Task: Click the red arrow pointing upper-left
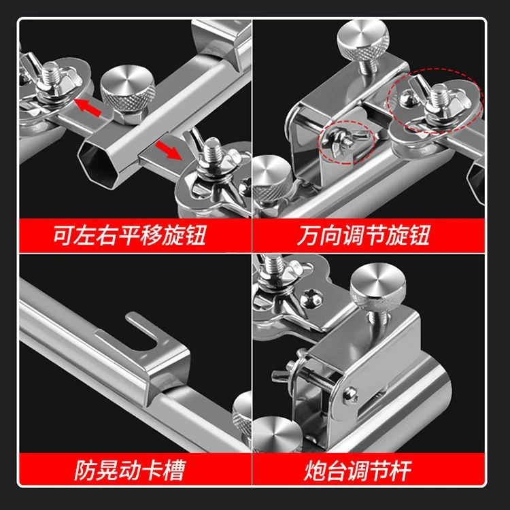point(87,107)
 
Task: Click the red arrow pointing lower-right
point(168,150)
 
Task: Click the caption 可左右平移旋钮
point(129,235)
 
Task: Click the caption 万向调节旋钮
point(363,235)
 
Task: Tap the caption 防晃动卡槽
point(130,470)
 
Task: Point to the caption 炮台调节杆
point(358,470)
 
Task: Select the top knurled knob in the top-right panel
point(363,41)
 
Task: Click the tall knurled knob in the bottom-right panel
point(378,287)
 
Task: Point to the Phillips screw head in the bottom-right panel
point(311,298)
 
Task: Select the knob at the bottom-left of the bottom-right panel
point(277,435)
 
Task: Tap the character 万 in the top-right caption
point(307,235)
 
